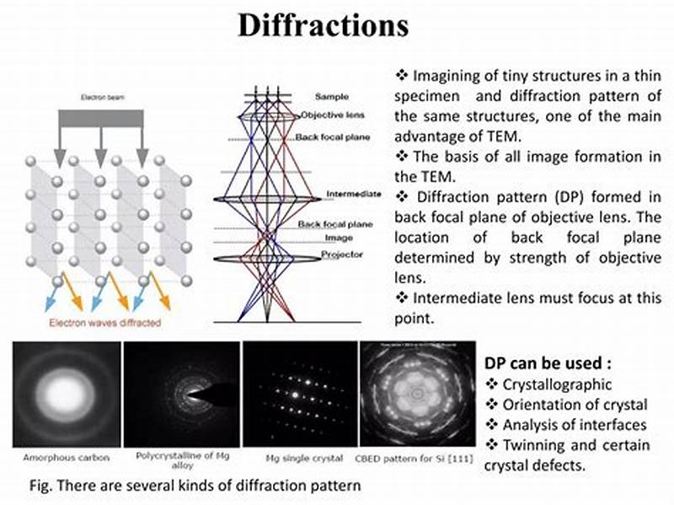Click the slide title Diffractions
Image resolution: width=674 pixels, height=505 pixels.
[x=323, y=25]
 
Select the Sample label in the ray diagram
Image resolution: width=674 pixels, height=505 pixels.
[x=331, y=97]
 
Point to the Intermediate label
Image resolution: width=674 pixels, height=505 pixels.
[x=347, y=196]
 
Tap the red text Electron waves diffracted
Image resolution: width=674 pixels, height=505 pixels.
[x=104, y=322]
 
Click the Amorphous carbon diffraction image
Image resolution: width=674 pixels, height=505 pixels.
[x=63, y=394]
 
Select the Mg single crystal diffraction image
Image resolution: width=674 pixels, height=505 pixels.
[x=297, y=394]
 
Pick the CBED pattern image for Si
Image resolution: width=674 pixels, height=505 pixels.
[x=415, y=394]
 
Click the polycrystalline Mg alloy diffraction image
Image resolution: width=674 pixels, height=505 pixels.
[x=180, y=394]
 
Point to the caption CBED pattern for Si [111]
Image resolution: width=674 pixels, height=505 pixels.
[x=415, y=458]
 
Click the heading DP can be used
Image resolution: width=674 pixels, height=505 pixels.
[x=548, y=364]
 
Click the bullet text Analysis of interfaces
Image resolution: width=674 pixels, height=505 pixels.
[x=573, y=425]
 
